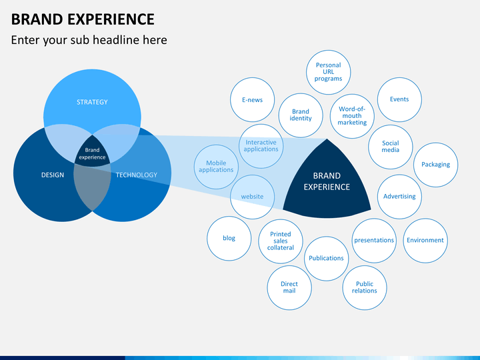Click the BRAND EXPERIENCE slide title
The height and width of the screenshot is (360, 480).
coord(83,19)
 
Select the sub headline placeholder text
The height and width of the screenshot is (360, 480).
coord(89,40)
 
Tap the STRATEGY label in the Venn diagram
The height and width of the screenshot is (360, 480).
coord(92,102)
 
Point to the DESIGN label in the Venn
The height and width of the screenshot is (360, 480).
coord(53,175)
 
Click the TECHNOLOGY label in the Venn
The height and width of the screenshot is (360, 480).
coord(137,175)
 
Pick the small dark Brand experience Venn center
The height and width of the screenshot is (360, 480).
coord(92,154)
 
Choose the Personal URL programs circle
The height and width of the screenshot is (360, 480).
coord(328,72)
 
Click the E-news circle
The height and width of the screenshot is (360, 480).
coord(252,100)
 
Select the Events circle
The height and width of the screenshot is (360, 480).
coord(399,99)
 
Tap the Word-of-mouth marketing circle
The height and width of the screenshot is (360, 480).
coord(352,116)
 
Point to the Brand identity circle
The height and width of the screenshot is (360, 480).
coord(301,115)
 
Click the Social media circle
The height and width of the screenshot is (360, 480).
coord(391,146)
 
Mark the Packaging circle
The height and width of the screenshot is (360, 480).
coord(436,164)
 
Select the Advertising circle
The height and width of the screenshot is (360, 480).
coord(399,197)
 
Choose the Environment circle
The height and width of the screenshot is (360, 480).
coord(425,240)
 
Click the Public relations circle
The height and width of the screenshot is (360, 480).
coord(365,287)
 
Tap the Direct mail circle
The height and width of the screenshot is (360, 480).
coord(289,287)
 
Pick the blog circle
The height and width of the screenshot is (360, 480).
coord(229,238)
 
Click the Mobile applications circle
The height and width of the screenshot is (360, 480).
coord(216,166)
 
